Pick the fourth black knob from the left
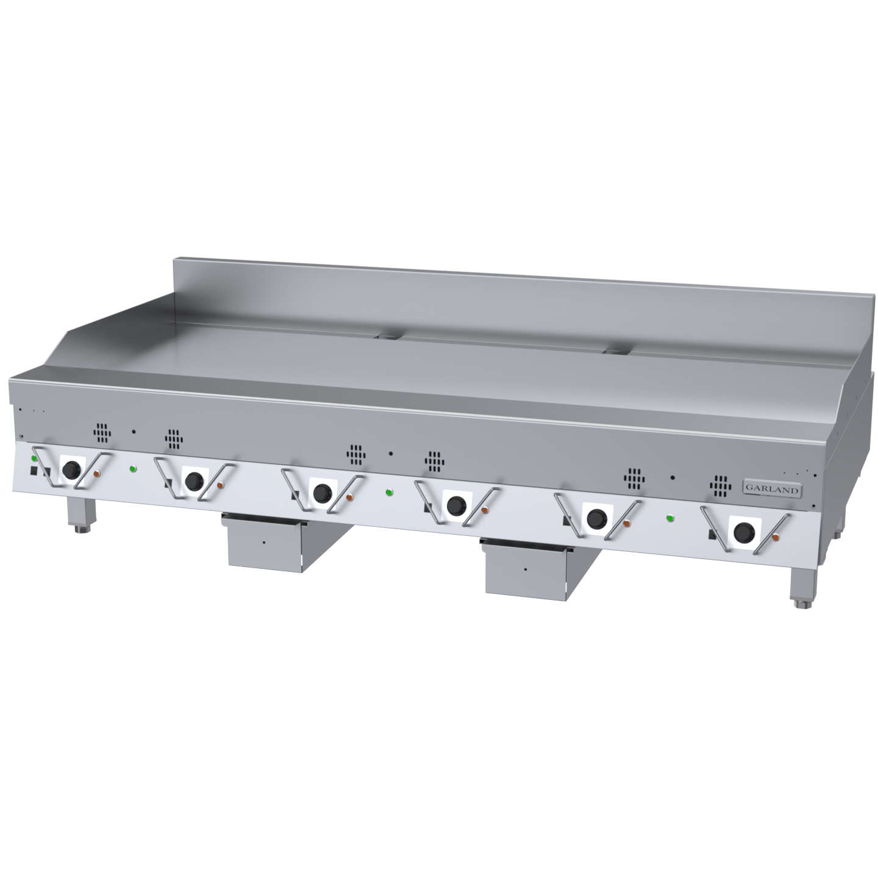[x=455, y=505]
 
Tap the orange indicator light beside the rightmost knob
[x=776, y=538]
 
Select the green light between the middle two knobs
[x=388, y=492]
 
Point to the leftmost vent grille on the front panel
[x=102, y=434]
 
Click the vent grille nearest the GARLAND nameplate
[x=720, y=486]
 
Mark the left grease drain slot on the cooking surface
[x=388, y=335]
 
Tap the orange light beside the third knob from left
[x=349, y=497]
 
